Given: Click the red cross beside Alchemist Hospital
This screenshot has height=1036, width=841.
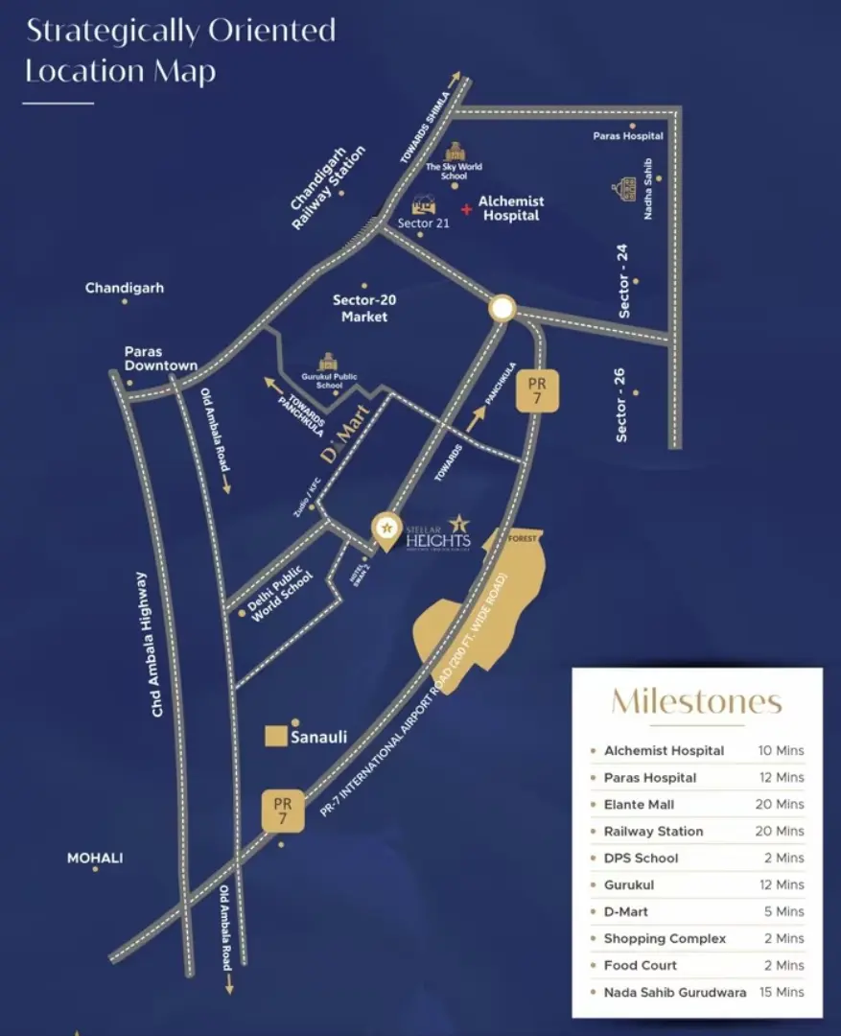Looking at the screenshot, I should click(466, 208).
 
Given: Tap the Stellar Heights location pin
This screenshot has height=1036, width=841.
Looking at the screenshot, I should click(386, 530).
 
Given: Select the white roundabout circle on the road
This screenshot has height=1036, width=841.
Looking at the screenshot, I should click(502, 308).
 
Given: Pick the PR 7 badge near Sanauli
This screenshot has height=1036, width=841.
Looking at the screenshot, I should click(283, 811).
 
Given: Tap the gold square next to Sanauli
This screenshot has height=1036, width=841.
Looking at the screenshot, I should click(276, 737).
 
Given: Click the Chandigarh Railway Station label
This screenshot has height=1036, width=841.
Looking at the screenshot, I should click(328, 187).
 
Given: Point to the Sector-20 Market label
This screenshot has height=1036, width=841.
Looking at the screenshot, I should click(364, 307).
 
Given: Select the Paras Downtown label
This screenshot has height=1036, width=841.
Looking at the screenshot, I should click(160, 358).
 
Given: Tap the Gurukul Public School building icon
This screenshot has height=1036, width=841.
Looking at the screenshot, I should click(328, 361).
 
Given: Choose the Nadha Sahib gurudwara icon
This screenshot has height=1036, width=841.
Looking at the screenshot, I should click(626, 188).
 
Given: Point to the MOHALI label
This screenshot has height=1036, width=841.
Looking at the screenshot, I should click(95, 858).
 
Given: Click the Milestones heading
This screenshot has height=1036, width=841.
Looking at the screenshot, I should click(696, 701).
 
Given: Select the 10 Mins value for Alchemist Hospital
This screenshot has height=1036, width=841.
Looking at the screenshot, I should click(781, 750).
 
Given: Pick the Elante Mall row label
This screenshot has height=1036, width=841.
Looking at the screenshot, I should click(639, 804).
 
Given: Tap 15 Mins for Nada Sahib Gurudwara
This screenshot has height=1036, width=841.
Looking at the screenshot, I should click(781, 992).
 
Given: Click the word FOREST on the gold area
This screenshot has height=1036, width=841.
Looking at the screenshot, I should click(523, 538).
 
